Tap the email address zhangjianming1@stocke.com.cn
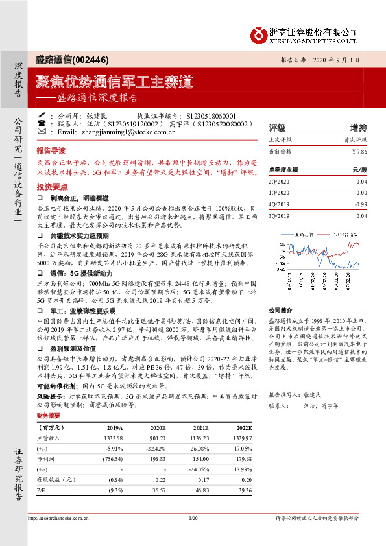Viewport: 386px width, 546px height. pyautogui.click(x=116, y=131)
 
